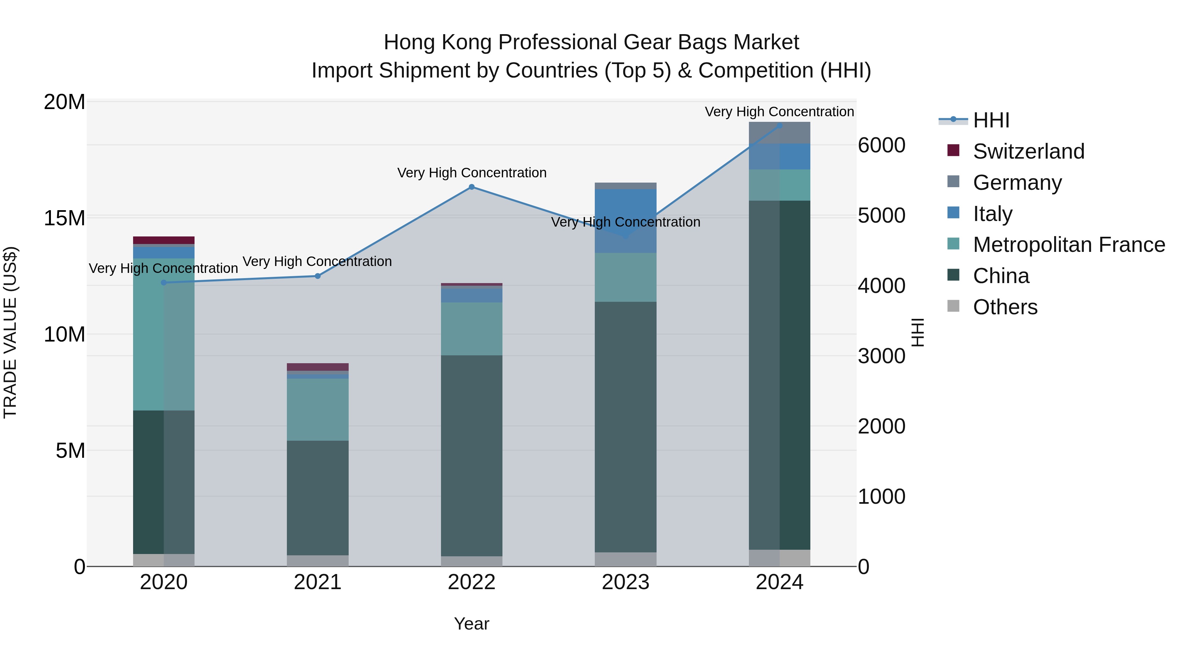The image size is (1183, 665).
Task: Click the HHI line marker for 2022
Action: click(x=471, y=187)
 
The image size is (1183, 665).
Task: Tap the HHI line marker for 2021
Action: click(x=317, y=276)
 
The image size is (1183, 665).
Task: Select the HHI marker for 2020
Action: click(x=164, y=282)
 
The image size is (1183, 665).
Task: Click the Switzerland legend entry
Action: click(x=1028, y=151)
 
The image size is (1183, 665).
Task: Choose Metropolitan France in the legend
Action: click(x=1069, y=245)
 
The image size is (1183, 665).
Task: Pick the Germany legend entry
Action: click(x=1017, y=183)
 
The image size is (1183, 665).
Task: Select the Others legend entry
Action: click(x=1005, y=307)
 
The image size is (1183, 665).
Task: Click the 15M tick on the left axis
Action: click(x=64, y=218)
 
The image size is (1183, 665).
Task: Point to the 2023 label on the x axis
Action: click(x=625, y=582)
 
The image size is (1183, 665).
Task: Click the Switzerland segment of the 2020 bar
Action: click(x=164, y=240)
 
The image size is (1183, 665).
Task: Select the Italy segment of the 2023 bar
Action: click(x=625, y=220)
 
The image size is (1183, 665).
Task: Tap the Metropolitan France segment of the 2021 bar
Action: click(x=317, y=410)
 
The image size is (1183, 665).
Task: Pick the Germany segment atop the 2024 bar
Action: click(x=779, y=133)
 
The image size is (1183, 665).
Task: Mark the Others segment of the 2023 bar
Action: click(x=625, y=559)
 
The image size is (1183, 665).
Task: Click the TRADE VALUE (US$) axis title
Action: click(x=10, y=332)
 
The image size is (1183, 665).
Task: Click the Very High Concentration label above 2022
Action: click(x=472, y=173)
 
